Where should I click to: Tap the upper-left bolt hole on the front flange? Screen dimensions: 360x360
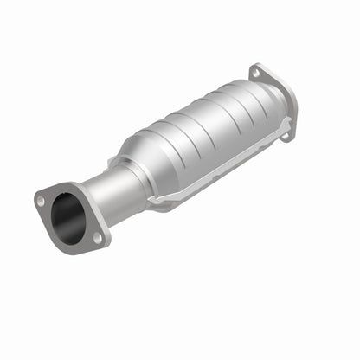(x=41, y=200)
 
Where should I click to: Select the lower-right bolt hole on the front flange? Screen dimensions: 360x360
(x=97, y=235)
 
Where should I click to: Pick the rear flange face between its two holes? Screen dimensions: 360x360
(x=273, y=94)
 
